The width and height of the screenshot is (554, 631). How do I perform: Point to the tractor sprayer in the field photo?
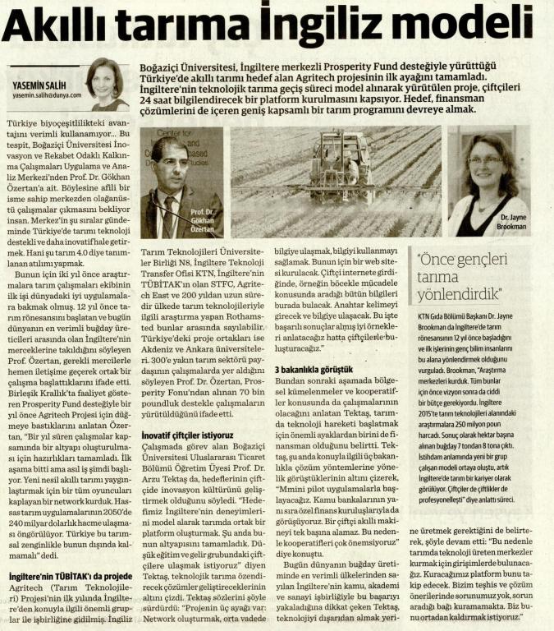pyautogui.click(x=341, y=159)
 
